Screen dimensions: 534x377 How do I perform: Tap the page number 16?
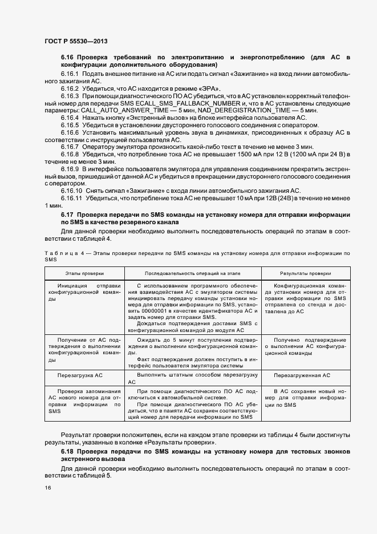click(x=48, y=487)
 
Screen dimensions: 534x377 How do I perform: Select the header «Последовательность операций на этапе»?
click(x=193, y=274)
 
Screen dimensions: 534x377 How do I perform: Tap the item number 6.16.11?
click(x=71, y=198)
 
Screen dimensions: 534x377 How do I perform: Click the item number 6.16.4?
click(x=70, y=118)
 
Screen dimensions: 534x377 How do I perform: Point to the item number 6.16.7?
click(x=70, y=147)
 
